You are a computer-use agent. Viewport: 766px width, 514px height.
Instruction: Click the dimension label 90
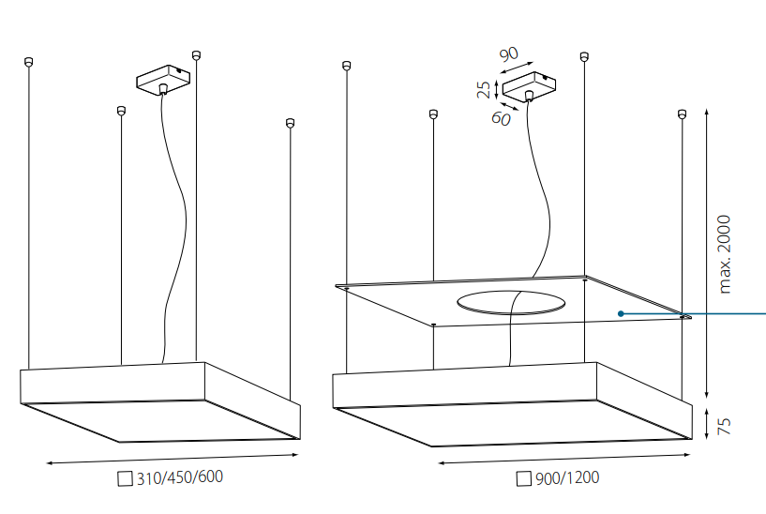pos(509,53)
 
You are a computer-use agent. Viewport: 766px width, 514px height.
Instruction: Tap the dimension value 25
pos(484,89)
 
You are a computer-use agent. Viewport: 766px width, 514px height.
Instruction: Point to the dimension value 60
pos(502,118)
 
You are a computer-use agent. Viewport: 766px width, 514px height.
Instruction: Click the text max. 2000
pos(725,254)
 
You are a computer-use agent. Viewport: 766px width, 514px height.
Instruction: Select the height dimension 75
pos(724,426)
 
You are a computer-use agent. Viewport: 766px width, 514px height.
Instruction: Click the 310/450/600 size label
pos(180,477)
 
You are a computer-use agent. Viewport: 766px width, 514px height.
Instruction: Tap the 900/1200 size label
pos(567,477)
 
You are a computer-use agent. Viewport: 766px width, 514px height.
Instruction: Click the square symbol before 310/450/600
pos(125,478)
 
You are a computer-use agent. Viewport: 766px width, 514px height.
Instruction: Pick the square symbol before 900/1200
pos(524,478)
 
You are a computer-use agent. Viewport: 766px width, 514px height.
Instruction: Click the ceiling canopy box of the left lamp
pos(163,79)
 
